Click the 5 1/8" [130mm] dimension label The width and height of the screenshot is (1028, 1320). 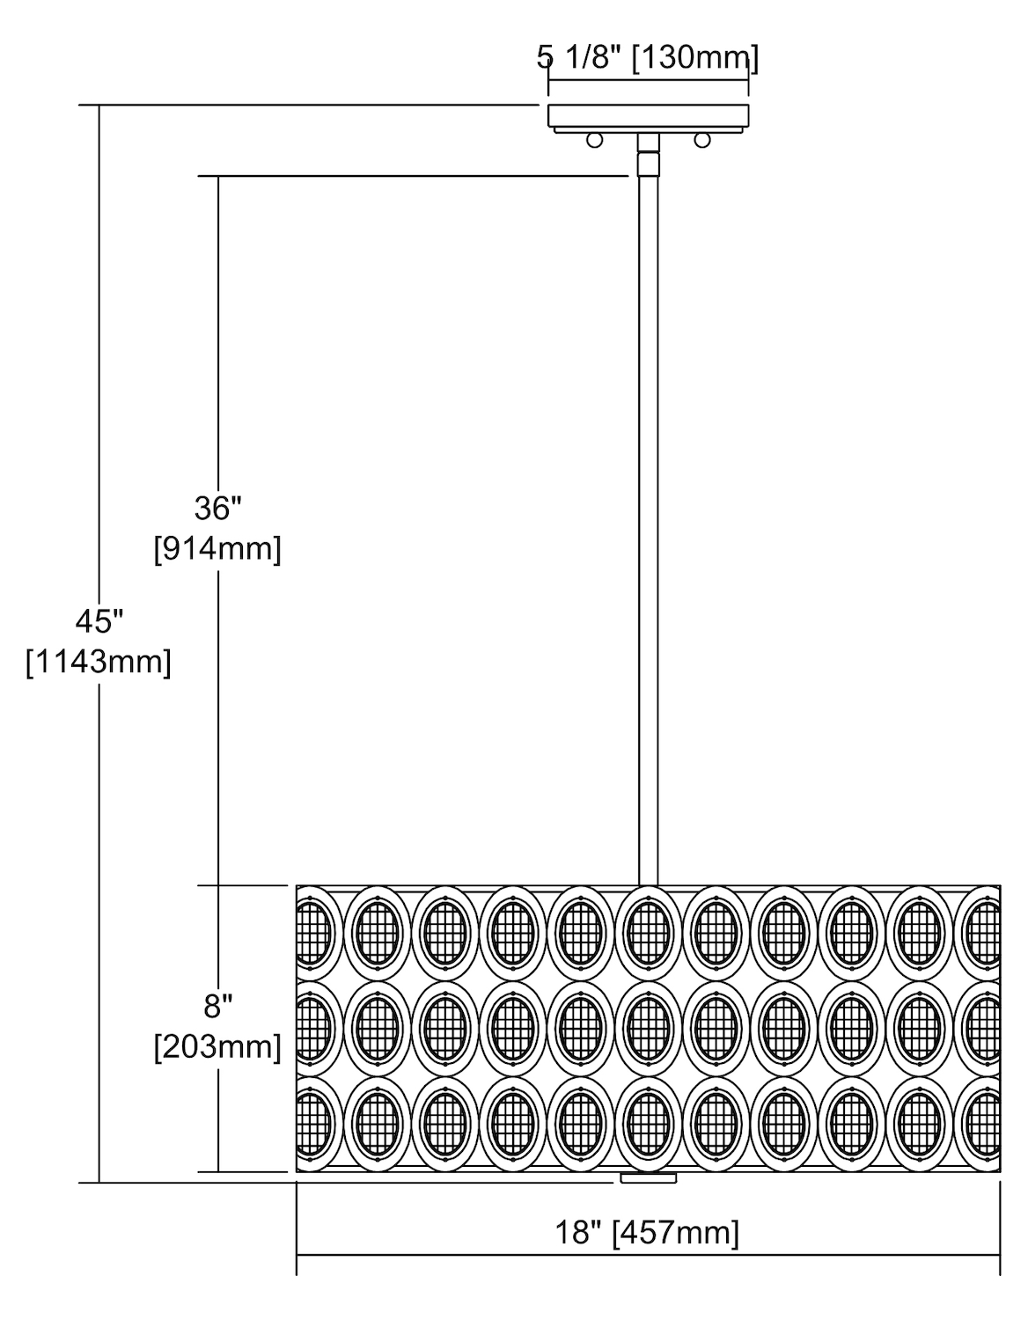click(x=648, y=58)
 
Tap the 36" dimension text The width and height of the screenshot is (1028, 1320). click(x=218, y=508)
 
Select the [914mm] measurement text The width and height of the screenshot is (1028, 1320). click(x=217, y=549)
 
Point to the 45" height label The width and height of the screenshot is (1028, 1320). click(x=99, y=621)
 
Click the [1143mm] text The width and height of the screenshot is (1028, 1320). click(x=99, y=662)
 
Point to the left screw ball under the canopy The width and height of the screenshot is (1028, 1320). click(x=594, y=140)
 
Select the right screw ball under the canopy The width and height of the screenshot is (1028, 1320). click(x=702, y=140)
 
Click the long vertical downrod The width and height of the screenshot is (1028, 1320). click(x=649, y=530)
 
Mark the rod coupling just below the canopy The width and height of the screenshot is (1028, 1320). click(x=649, y=164)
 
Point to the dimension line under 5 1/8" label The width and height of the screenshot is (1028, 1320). click(x=649, y=79)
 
